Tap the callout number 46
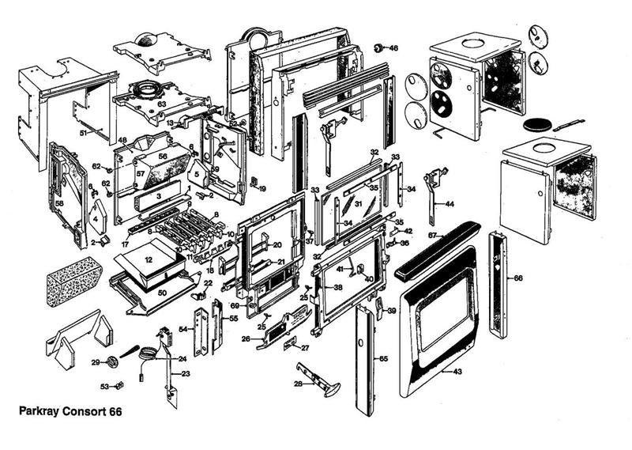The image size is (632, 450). pos(393,48)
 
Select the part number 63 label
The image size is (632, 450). pos(160,103)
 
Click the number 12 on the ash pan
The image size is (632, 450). pos(148,259)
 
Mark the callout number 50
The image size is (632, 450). pos(161,293)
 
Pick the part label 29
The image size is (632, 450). pos(95,362)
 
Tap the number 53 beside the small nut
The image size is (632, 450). pos(104,387)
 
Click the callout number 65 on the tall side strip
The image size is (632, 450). pos(383,358)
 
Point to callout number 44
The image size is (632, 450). pos(450,204)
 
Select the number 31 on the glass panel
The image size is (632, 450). pos(357,204)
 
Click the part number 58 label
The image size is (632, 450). pos(59,203)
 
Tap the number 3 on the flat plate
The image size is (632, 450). pos(159,195)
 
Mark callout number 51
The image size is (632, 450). pos(83,133)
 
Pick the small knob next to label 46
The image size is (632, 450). pos(378,48)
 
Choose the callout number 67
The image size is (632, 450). pos(432,236)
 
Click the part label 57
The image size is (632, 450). pos(140,173)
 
